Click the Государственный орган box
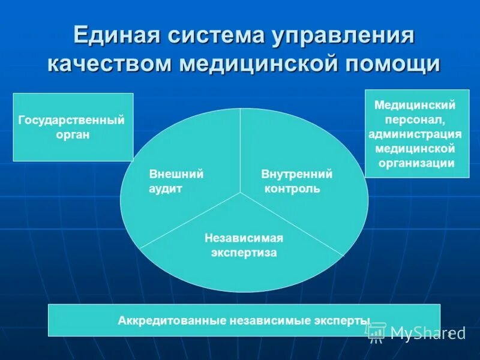[73, 127]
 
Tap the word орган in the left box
[72, 135]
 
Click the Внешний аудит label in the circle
[176, 181]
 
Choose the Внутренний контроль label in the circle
[296, 181]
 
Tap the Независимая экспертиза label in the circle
[244, 245]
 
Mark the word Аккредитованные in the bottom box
[172, 321]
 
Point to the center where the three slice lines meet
[241, 193]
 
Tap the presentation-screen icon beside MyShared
[377, 331]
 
